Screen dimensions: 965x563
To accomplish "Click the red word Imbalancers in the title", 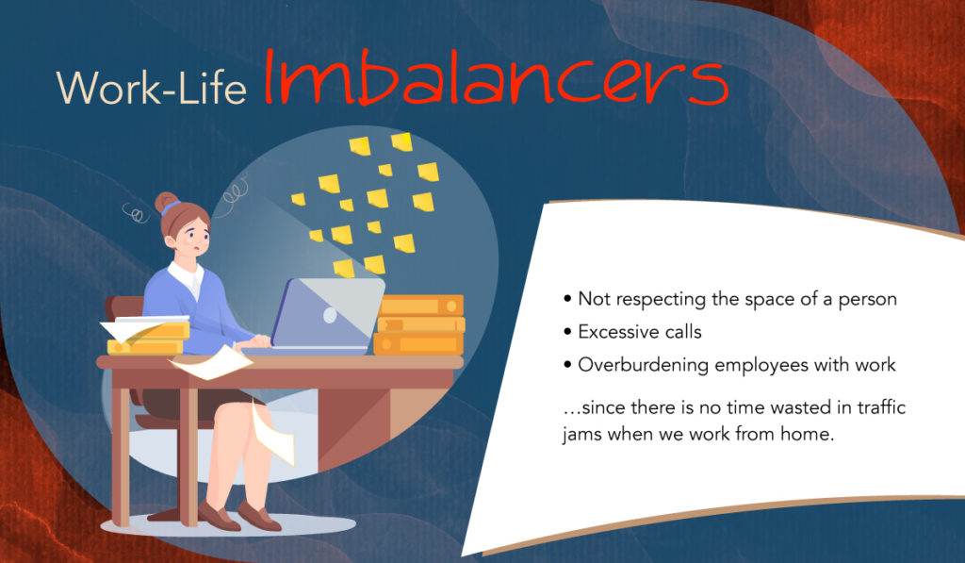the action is point(496,77).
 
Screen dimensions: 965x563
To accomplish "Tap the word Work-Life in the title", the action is point(152,88).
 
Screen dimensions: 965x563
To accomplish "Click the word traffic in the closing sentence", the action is point(881,407).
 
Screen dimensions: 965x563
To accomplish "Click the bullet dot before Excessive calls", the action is point(567,332).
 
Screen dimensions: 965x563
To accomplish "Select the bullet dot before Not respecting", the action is point(567,299).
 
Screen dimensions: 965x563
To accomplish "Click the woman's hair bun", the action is point(166,202).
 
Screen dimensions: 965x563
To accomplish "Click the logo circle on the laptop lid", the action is point(330,315).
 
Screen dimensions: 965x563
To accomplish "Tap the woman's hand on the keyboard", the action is point(260,340).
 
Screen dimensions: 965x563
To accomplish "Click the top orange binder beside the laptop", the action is point(421,306).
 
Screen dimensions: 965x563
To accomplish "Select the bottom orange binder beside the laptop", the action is point(417,343).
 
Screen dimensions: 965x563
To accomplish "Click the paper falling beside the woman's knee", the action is point(271,431).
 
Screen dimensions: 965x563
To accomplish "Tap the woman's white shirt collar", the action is point(188,276).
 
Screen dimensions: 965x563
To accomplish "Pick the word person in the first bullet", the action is point(868,299).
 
